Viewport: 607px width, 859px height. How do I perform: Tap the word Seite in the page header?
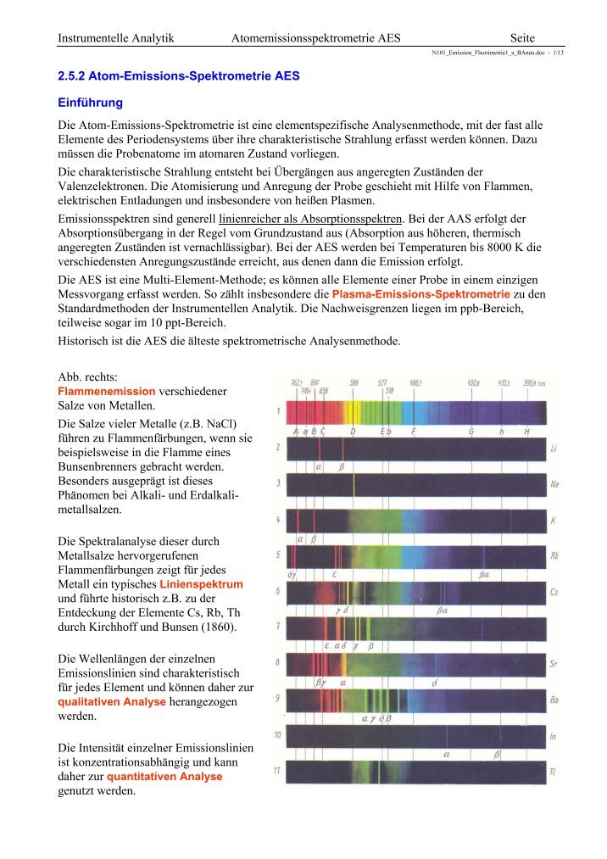[528, 37]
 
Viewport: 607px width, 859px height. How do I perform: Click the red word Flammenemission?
[106, 391]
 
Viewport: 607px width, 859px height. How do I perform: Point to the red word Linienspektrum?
[202, 585]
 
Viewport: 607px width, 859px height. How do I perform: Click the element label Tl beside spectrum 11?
[552, 773]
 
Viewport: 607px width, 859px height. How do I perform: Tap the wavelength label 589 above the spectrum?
[354, 382]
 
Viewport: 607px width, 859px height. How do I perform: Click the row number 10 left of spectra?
[276, 733]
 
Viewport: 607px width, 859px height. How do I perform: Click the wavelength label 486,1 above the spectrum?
[416, 382]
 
